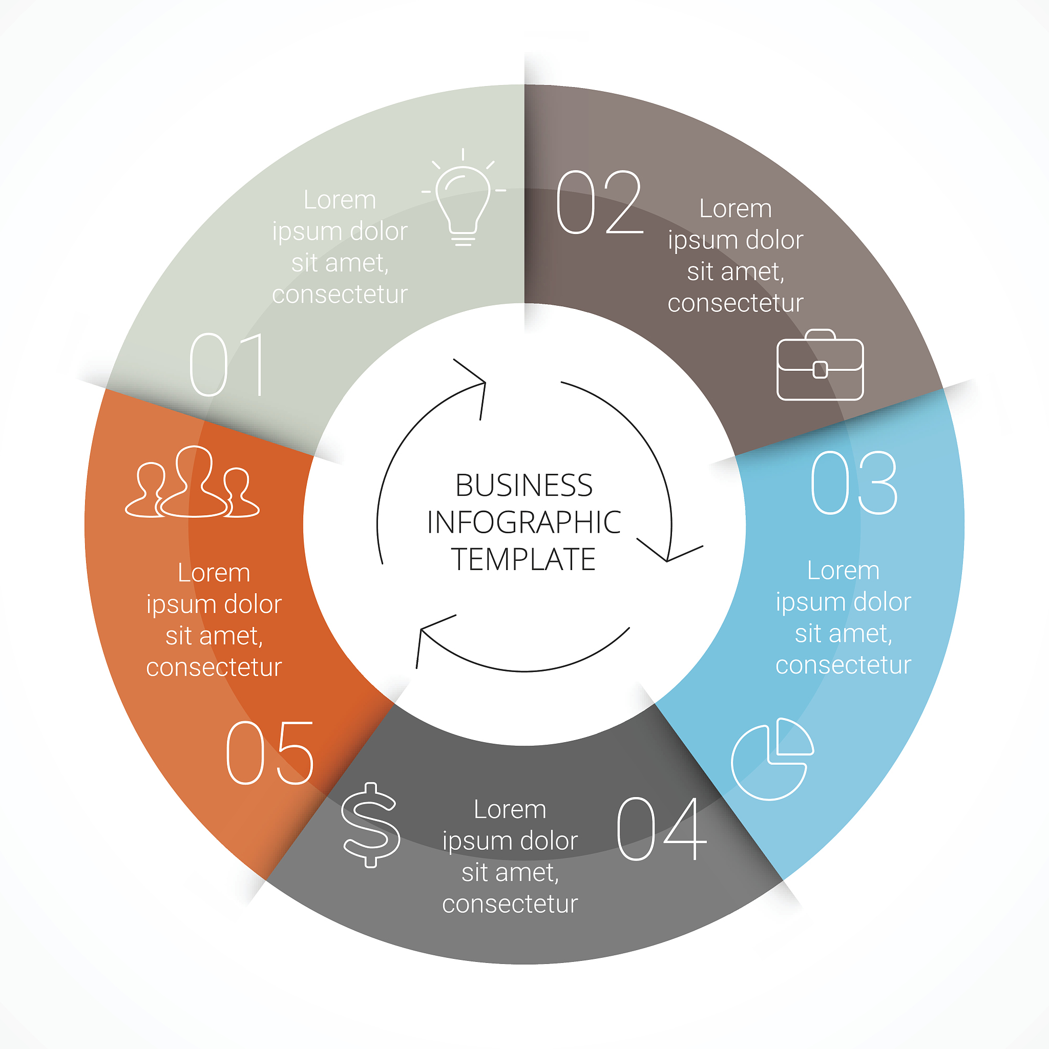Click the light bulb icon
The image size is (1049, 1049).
(463, 201)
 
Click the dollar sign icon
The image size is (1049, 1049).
(371, 825)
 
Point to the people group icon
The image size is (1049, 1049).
(192, 482)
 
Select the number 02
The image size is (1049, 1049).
(599, 202)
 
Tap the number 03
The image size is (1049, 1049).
(854, 482)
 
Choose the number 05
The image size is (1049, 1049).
(270, 753)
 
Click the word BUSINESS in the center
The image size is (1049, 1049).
(523, 486)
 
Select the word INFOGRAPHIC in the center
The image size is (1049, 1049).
(523, 522)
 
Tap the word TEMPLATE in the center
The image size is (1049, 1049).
(523, 559)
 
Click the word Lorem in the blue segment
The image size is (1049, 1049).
(843, 571)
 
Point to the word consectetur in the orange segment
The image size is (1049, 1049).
(214, 667)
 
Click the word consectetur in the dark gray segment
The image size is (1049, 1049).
(510, 904)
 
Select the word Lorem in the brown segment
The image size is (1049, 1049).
(735, 208)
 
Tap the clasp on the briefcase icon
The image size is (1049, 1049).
(820, 370)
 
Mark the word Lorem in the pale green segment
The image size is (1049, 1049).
(340, 200)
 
